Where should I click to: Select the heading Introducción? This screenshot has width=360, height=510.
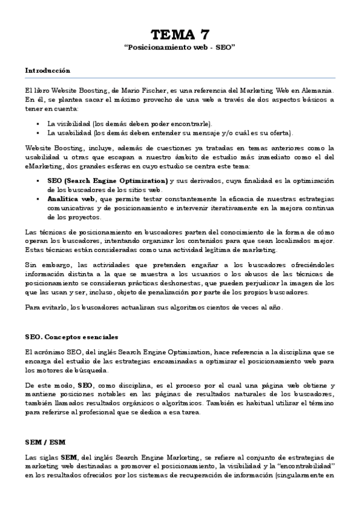tap(47, 70)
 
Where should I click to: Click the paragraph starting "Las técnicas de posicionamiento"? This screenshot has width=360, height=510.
tap(180, 241)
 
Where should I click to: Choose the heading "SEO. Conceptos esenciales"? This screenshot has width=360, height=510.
tap(72, 336)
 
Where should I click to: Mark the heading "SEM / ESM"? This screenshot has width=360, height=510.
tap(46, 441)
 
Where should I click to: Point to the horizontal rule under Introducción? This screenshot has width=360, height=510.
tap(180, 78)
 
